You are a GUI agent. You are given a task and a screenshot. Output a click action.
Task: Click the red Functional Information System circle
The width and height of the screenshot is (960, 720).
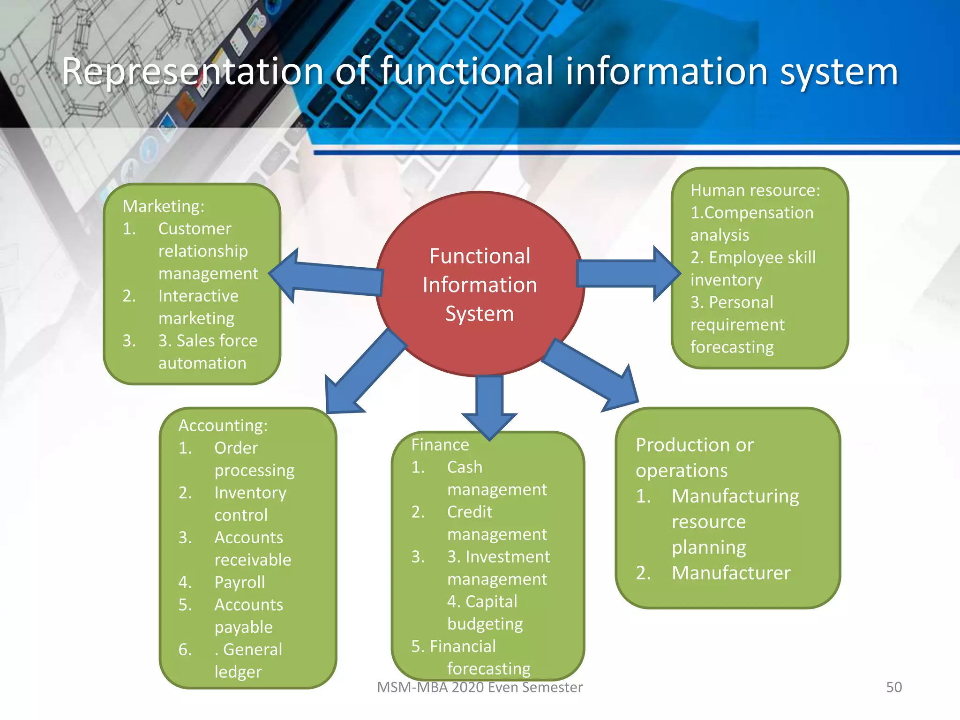pyautogui.click(x=480, y=284)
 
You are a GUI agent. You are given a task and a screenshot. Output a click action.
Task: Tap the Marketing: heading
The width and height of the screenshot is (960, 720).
pyautogui.click(x=164, y=206)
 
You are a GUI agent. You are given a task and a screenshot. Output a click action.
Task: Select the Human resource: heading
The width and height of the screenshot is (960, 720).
pyautogui.click(x=755, y=190)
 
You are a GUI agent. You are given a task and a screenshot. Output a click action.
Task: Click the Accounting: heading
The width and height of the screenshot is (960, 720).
pyautogui.click(x=223, y=426)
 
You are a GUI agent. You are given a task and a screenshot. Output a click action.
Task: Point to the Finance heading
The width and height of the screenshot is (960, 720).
pyautogui.click(x=440, y=444)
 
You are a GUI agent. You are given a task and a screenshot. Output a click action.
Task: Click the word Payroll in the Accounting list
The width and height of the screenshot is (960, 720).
pyautogui.click(x=240, y=582)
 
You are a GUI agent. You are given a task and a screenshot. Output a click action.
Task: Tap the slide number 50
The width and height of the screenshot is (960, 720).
pyautogui.click(x=893, y=687)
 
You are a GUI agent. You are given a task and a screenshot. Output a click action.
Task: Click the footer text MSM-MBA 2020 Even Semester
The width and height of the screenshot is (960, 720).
pyautogui.click(x=480, y=687)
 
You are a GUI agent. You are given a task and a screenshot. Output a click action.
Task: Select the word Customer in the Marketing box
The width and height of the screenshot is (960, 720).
pyautogui.click(x=195, y=229)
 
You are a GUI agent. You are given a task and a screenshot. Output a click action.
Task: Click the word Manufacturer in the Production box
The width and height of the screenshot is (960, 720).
pyautogui.click(x=731, y=573)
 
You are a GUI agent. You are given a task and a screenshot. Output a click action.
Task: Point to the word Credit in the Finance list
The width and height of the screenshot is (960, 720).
pyautogui.click(x=469, y=512)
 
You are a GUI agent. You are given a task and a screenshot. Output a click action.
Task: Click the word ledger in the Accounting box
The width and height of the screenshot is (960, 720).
pyautogui.click(x=238, y=672)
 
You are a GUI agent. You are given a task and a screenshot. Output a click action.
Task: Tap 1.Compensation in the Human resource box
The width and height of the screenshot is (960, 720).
pyautogui.click(x=751, y=213)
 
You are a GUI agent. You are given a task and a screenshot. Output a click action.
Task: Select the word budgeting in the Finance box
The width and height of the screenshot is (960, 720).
pyautogui.click(x=485, y=624)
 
